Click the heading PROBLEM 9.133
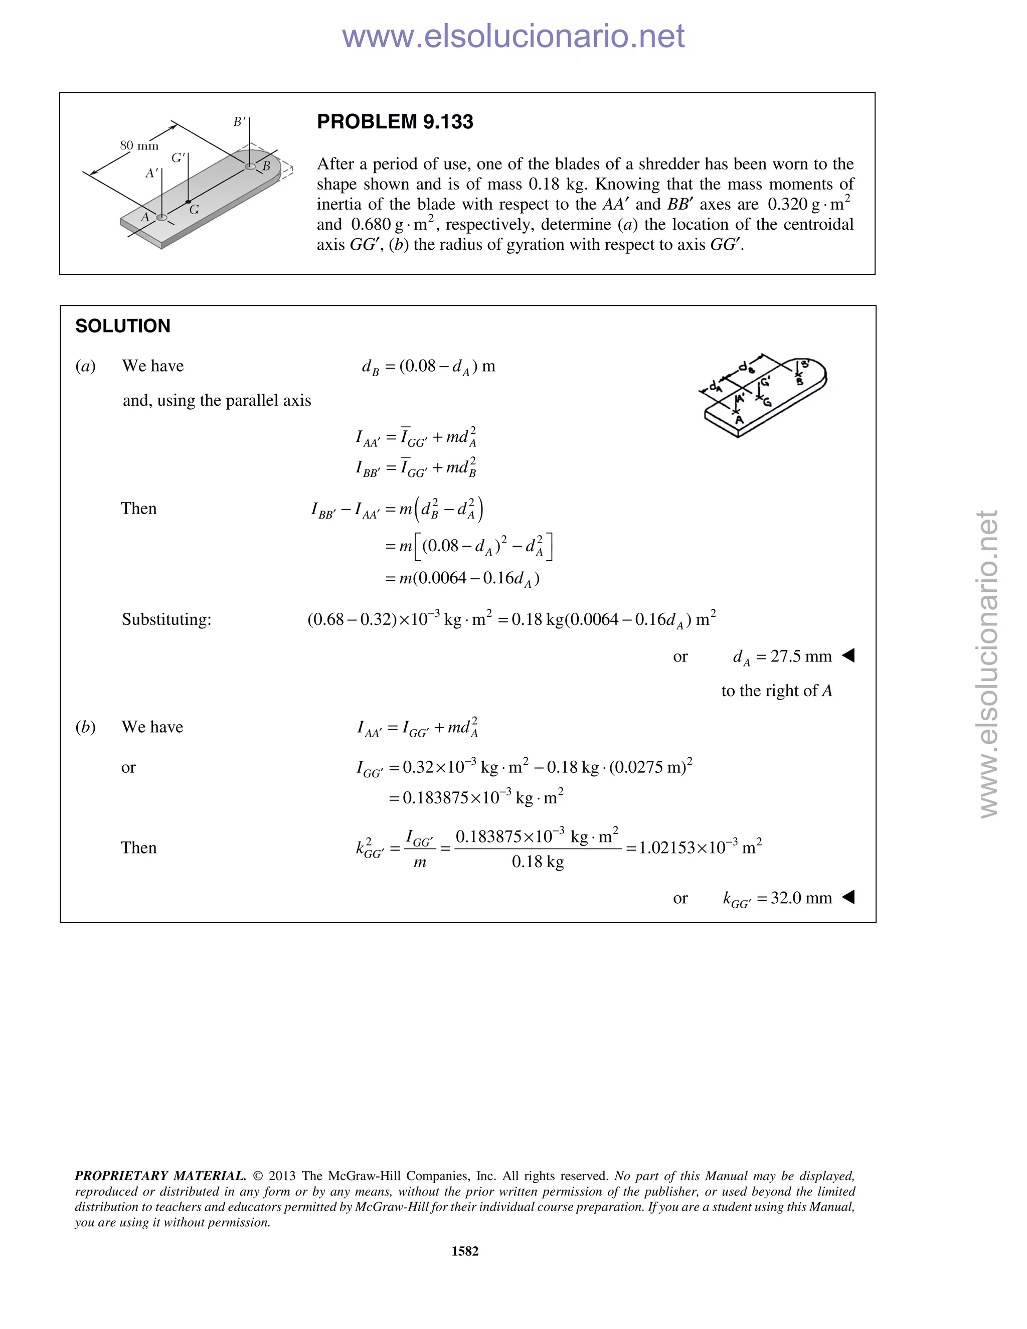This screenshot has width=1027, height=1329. pyautogui.click(x=395, y=122)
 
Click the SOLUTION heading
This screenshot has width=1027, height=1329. pyautogui.click(x=123, y=326)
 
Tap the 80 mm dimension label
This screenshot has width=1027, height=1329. pyautogui.click(x=139, y=145)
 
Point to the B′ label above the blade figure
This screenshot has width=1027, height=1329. pyautogui.click(x=240, y=122)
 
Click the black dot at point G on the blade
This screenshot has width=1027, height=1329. pyautogui.click(x=188, y=202)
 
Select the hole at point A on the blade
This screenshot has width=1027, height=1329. pyautogui.click(x=162, y=217)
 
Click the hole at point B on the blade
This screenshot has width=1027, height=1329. pyautogui.click(x=250, y=166)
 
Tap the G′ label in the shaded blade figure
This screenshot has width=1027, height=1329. pyautogui.click(x=178, y=158)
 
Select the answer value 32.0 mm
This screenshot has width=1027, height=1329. pyautogui.click(x=801, y=898)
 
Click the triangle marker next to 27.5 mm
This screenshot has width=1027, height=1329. pyautogui.click(x=848, y=655)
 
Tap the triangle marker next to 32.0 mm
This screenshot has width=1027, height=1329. pyautogui.click(x=848, y=897)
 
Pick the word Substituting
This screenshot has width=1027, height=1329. pyautogui.click(x=166, y=619)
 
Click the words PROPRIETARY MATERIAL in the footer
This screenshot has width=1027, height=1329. pyautogui.click(x=160, y=1176)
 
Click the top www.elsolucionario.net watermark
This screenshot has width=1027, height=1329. pyautogui.click(x=513, y=37)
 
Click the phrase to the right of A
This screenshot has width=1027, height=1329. pyautogui.click(x=776, y=691)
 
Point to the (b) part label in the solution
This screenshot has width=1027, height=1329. pyautogui.click(x=86, y=727)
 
